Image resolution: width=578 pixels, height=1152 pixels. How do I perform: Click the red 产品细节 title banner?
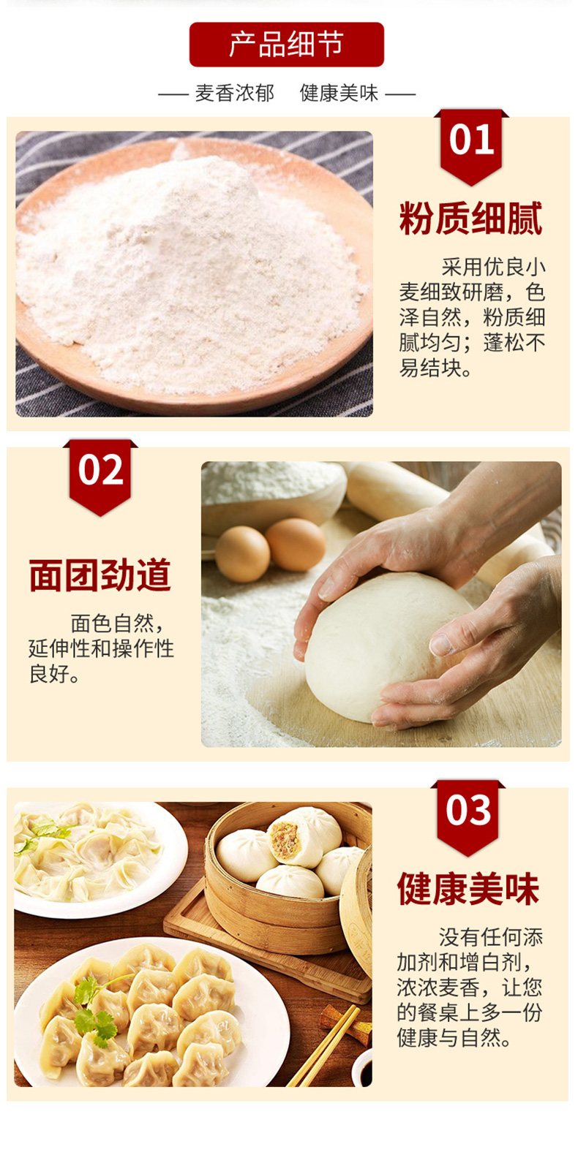tap(286, 45)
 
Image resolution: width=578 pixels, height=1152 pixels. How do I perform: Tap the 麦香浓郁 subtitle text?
tap(234, 93)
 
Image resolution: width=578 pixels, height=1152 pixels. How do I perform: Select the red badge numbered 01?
tap(471, 147)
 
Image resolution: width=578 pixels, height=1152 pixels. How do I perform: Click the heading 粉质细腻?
tap(470, 218)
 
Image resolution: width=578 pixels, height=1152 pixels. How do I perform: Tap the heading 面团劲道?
tap(100, 575)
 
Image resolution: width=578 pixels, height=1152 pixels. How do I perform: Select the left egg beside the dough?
tap(242, 554)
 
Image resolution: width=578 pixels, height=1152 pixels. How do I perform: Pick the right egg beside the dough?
tap(296, 544)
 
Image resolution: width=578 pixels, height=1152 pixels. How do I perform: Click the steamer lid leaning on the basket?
tap(357, 910)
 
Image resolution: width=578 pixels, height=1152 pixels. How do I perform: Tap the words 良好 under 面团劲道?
tap(49, 673)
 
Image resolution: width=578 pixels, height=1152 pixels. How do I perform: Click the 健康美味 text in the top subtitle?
tap(339, 93)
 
